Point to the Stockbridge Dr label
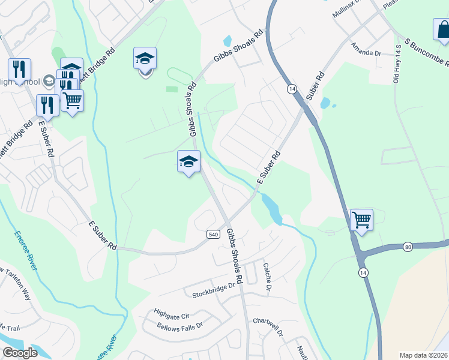[x=215, y=295]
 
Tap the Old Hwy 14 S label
[x=397, y=64]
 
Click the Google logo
[x=20, y=353]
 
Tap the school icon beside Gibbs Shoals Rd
[x=188, y=161]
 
